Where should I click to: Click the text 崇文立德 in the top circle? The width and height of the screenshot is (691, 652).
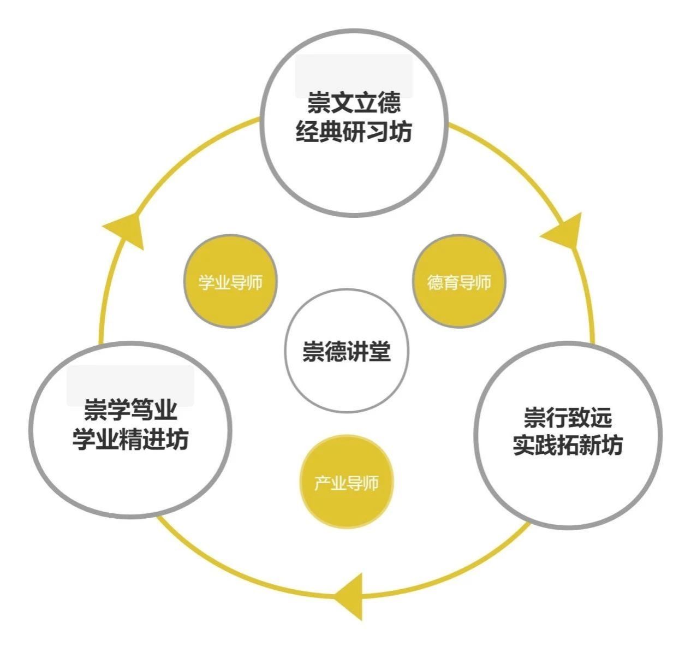(x=354, y=103)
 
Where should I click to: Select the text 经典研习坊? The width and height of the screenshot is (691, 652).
(x=354, y=132)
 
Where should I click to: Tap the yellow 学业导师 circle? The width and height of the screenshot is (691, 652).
(x=230, y=282)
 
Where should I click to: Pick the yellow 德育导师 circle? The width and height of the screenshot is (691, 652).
(x=459, y=282)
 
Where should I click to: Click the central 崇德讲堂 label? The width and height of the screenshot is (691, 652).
(x=347, y=351)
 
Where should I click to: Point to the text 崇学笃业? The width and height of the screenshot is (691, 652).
(x=130, y=410)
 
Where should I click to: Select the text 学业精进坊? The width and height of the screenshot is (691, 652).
(x=130, y=439)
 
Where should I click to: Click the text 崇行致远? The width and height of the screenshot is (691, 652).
(x=568, y=418)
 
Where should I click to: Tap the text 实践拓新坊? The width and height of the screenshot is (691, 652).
(x=568, y=446)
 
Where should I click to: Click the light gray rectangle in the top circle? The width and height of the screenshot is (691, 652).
(x=354, y=74)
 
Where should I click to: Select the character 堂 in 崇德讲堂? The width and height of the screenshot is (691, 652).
(x=380, y=351)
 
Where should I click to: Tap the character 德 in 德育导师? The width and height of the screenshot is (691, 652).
(x=436, y=282)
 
